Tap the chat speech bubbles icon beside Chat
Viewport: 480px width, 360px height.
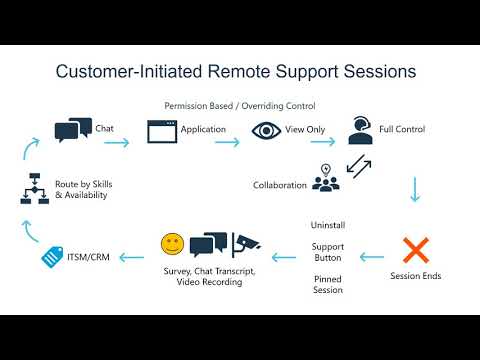(72, 129)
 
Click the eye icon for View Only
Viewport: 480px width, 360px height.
(266, 130)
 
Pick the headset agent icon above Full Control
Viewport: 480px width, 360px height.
(361, 130)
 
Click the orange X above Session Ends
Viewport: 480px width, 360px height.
(415, 249)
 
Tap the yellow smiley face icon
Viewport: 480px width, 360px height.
(173, 243)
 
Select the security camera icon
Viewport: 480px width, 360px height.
(246, 243)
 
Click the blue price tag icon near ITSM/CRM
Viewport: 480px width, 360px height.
(52, 257)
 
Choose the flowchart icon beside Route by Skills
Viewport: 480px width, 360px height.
(32, 187)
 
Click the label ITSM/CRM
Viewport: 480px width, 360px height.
(88, 258)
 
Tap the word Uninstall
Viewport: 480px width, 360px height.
(327, 226)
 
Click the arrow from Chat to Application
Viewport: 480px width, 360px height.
(117, 142)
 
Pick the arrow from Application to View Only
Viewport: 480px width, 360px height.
(227, 142)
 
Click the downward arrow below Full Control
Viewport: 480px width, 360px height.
(414, 189)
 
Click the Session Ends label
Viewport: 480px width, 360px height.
(416, 276)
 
